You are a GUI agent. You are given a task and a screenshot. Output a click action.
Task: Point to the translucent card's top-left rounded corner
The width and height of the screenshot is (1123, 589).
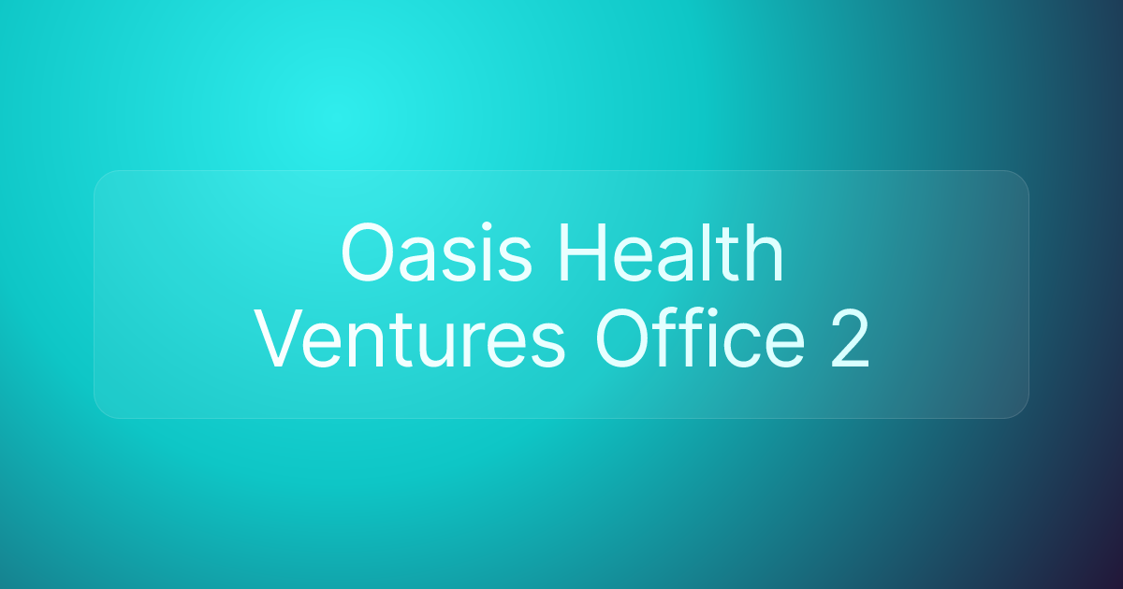click(101, 178)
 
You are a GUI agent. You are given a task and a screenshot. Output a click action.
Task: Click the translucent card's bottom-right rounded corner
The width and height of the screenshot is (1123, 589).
click(1021, 409)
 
